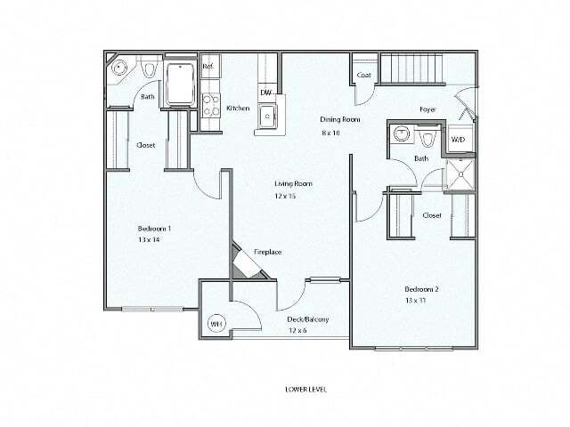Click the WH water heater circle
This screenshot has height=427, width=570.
click(x=216, y=324)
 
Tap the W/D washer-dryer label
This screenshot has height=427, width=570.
click(x=458, y=141)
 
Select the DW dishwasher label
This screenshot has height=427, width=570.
click(x=265, y=93)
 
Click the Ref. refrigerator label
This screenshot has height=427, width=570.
click(x=208, y=67)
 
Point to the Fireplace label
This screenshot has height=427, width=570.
click(x=268, y=252)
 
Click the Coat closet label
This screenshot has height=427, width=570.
click(x=363, y=75)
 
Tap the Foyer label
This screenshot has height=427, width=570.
click(x=428, y=109)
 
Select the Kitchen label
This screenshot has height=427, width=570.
click(x=238, y=108)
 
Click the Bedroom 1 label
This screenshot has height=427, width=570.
click(x=154, y=228)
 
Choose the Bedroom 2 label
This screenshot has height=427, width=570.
click(x=422, y=289)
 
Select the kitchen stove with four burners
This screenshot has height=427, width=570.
click(x=210, y=105)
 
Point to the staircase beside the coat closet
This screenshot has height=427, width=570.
click(x=411, y=70)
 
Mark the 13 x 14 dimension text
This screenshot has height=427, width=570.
click(x=150, y=239)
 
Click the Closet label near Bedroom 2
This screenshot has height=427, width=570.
click(x=432, y=215)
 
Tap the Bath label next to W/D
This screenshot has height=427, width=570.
click(x=421, y=158)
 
